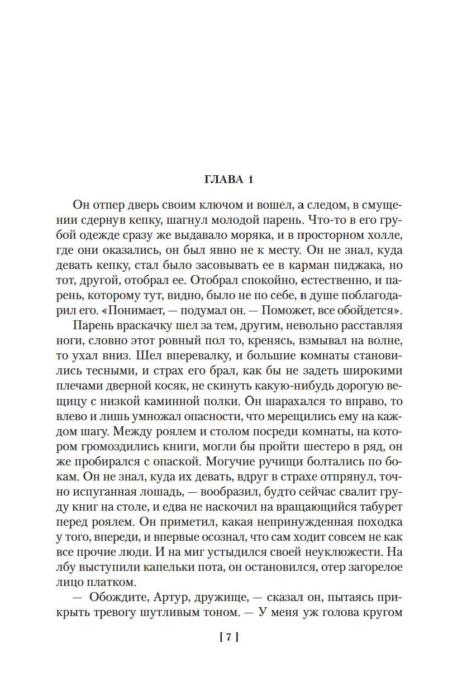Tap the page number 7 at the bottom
coord(230,636)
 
